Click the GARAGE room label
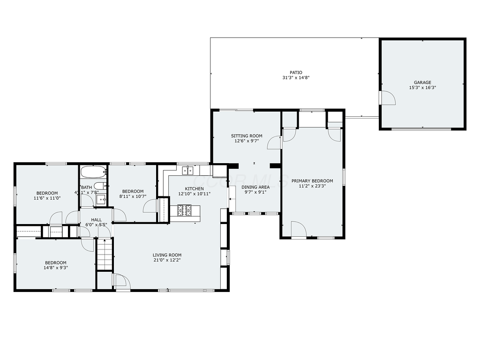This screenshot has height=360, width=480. (422, 82)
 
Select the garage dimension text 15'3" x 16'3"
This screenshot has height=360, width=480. (422, 88)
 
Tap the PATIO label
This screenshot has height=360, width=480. (296, 73)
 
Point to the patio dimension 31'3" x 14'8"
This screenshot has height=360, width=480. (296, 78)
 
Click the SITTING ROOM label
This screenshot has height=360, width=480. (246, 136)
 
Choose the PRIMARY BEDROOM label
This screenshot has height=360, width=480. (312, 181)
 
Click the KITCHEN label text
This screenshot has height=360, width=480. (194, 188)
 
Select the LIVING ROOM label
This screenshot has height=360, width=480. (167, 255)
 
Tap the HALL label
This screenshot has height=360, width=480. (96, 219)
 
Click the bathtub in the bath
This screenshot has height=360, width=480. (93, 172)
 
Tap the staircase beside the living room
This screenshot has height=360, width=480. (105, 255)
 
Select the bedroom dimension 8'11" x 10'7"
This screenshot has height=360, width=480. (133, 196)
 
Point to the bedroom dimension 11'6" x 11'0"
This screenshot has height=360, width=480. (47, 198)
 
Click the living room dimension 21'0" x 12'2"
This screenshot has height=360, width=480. (167, 260)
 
